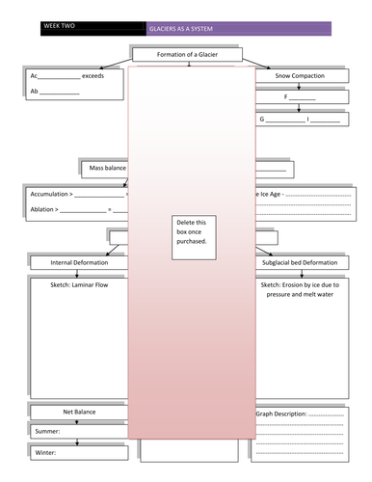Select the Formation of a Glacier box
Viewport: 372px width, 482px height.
[x=186, y=54]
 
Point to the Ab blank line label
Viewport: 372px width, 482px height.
[x=35, y=92]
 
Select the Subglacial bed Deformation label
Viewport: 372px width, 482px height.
[x=299, y=262]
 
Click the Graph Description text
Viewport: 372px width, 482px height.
[x=280, y=414]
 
